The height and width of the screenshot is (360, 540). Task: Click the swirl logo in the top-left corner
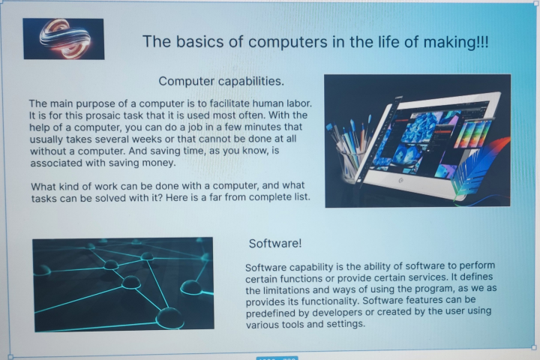(63, 38)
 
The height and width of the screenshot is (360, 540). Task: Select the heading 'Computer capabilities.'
(221, 80)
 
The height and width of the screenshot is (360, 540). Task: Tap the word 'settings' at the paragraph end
(343, 325)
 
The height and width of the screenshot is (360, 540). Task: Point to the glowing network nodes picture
(123, 283)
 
